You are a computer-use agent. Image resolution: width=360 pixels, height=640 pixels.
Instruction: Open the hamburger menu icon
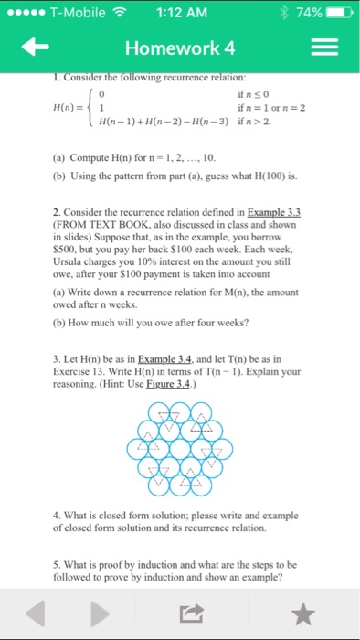coord(328,48)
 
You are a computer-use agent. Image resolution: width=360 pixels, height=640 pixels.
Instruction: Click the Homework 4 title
coord(180,48)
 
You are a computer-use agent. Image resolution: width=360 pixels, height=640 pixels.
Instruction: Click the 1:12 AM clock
coord(181,13)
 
